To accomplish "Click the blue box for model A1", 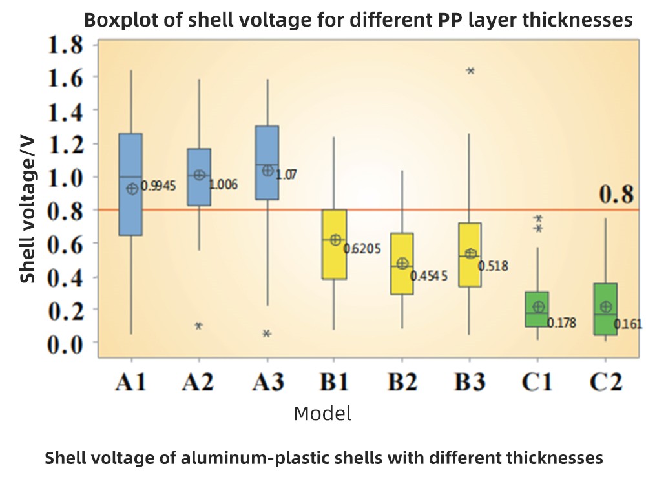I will (x=130, y=184).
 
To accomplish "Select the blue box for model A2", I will (x=199, y=177).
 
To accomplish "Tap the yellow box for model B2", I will (x=402, y=264).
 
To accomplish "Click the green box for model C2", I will (x=605, y=309).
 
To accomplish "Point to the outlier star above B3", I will (x=471, y=71).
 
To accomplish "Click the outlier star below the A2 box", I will (x=199, y=326).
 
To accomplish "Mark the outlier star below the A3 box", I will (x=267, y=334).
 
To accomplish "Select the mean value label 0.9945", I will (x=158, y=187).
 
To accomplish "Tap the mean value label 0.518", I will (x=493, y=266).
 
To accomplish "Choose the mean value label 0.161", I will (x=629, y=324).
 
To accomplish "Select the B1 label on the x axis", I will (x=335, y=383).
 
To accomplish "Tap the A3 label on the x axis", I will (x=267, y=383).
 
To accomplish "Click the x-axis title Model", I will (x=322, y=414).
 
